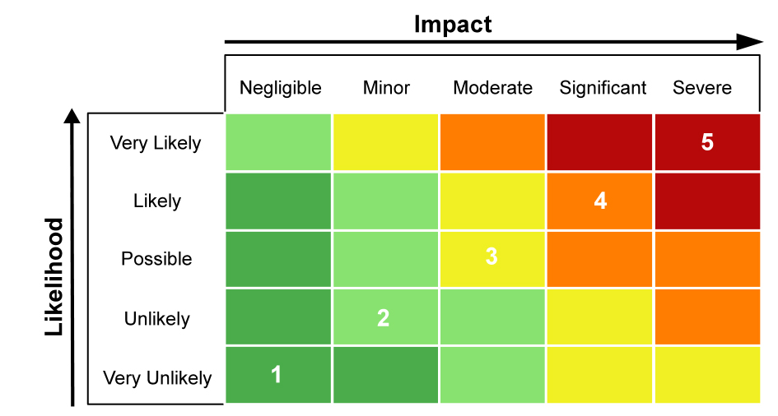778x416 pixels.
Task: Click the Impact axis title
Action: coord(452,24)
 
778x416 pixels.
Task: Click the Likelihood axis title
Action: coord(54,276)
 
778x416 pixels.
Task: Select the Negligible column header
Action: coord(280,88)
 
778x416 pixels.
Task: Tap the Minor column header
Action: coord(386,88)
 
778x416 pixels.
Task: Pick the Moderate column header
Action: coord(492,88)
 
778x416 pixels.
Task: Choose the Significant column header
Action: coord(603,88)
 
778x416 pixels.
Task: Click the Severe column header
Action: coord(701,88)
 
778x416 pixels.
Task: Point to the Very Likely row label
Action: coord(156,143)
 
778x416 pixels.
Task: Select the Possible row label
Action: coord(156,259)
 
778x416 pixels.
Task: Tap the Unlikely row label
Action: coord(156,319)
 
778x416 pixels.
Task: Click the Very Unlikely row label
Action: coord(156,378)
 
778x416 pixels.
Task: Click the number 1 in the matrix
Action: coord(277,375)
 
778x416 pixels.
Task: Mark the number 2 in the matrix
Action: coord(383,318)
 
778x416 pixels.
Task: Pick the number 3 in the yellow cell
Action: coord(491,257)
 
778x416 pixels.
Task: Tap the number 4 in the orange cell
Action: coord(600,201)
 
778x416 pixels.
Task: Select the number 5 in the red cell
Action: coord(707,142)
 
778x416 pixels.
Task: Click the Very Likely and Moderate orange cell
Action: coord(492,142)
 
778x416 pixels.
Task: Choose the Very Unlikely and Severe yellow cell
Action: coord(707,375)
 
